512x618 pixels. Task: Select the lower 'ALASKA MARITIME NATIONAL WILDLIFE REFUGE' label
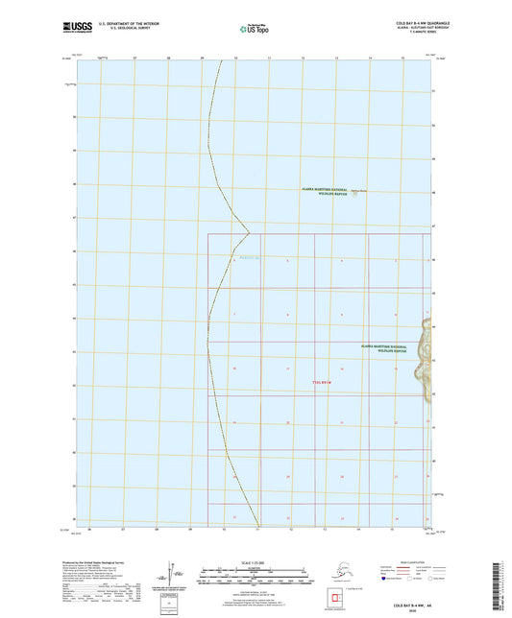(383, 348)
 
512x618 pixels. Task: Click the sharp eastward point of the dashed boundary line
(250, 232)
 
